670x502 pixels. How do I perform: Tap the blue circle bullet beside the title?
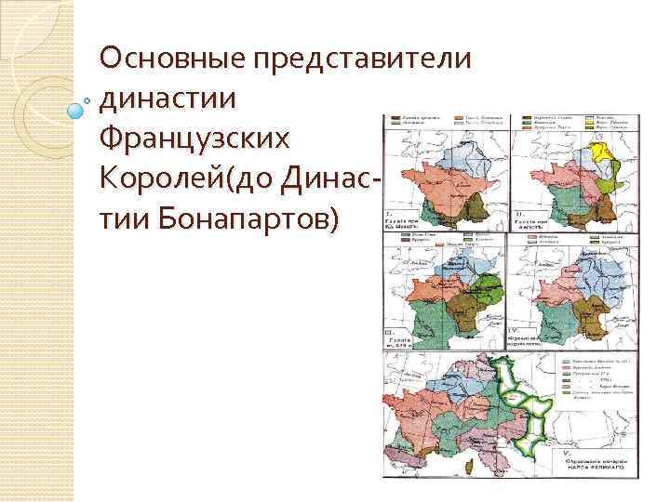[x=77, y=111]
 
